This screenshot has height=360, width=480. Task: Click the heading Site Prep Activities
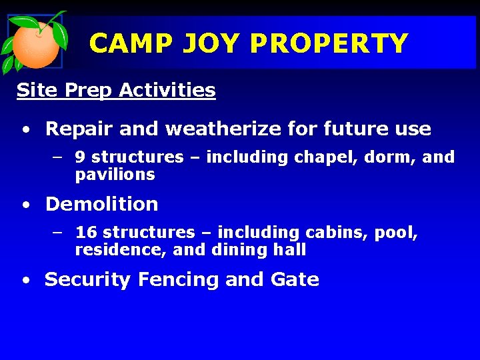[x=116, y=90]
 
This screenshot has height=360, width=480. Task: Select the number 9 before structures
[x=80, y=157]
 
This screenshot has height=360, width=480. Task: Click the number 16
[x=86, y=233]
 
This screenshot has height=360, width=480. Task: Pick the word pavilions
[x=115, y=175]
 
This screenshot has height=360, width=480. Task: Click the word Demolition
[x=101, y=204]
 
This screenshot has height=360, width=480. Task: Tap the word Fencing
[x=178, y=280]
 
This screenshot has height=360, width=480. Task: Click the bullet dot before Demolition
[x=25, y=205]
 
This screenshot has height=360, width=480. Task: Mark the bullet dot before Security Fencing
[x=25, y=281]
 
